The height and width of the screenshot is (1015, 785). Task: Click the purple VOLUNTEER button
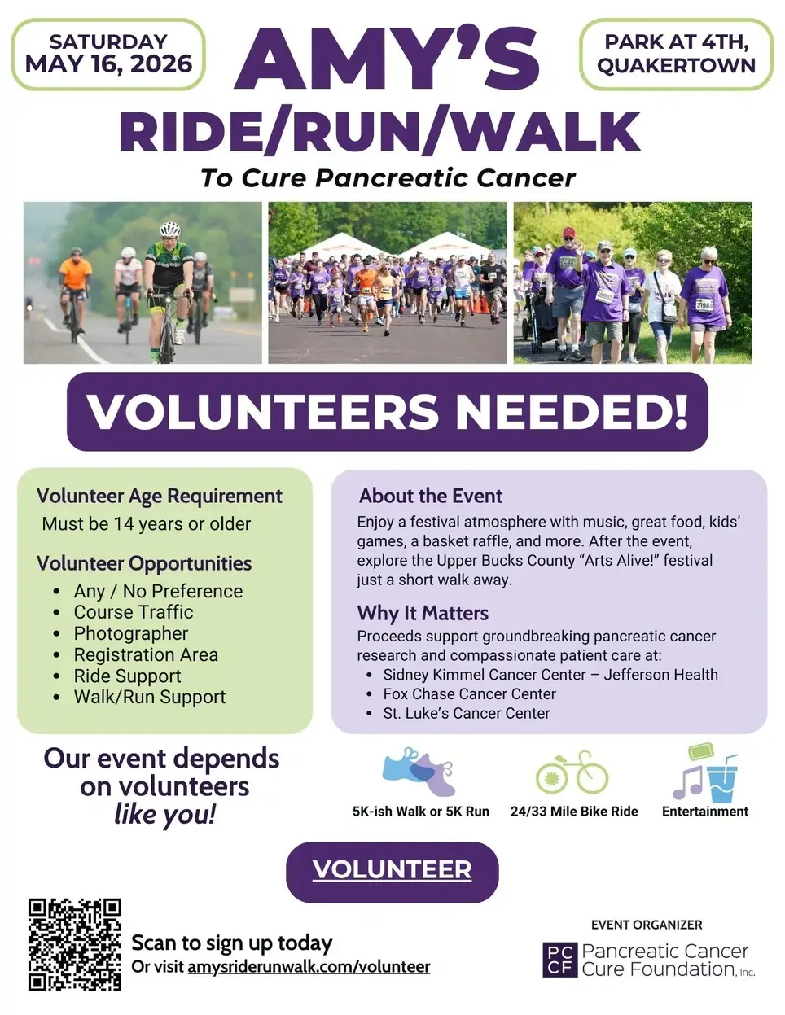click(x=392, y=871)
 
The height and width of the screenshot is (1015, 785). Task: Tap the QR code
click(x=75, y=944)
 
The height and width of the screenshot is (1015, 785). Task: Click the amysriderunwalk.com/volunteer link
click(x=309, y=967)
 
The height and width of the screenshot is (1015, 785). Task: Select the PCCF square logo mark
click(x=559, y=960)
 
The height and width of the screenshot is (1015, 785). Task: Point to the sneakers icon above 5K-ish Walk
click(x=419, y=771)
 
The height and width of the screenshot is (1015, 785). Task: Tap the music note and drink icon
click(x=705, y=772)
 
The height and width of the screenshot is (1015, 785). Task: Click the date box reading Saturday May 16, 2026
click(x=108, y=54)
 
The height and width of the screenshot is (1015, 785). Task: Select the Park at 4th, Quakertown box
click(x=676, y=54)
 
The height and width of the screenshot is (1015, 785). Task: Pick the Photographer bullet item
click(x=130, y=633)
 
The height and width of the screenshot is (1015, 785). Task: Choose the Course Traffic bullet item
click(x=134, y=612)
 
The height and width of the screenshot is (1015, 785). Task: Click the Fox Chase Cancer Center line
click(x=469, y=694)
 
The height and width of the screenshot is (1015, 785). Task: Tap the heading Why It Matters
click(x=423, y=613)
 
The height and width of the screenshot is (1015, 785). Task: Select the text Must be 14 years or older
click(x=147, y=524)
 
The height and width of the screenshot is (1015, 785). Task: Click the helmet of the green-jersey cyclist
click(x=169, y=229)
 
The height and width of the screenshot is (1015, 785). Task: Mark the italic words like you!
click(x=165, y=813)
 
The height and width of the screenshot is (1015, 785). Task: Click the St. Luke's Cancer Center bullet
click(x=466, y=714)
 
